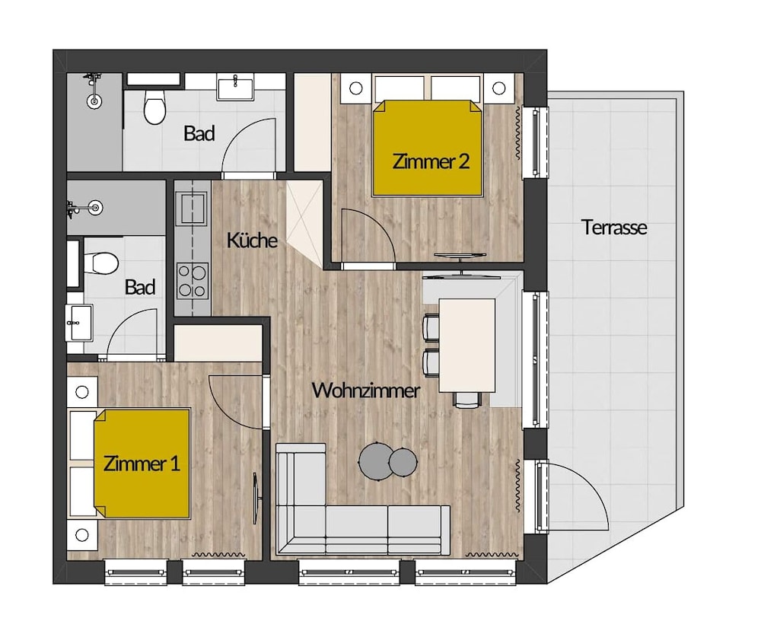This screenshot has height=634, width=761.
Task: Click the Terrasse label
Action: click(614, 228)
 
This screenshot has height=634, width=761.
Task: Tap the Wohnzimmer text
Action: click(365, 390)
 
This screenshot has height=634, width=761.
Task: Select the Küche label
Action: click(252, 240)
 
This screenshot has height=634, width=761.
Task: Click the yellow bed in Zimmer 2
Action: click(428, 148)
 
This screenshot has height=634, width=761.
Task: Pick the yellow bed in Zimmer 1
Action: click(142, 464)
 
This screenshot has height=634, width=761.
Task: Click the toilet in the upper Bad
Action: click(154, 107)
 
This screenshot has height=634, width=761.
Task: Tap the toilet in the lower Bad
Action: click(101, 263)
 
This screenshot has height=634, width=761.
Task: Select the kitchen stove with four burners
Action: click(193, 282)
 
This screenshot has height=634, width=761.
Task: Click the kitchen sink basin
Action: click(193, 207)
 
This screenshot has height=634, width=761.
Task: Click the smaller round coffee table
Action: click(403, 462)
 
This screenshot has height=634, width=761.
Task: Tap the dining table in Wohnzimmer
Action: click(467, 345)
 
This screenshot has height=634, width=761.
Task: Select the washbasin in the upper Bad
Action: click(235, 88)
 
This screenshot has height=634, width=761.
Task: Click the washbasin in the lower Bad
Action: click(78, 323)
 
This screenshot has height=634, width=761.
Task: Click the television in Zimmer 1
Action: click(256, 499)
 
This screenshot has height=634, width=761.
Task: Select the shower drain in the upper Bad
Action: click(94, 101)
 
